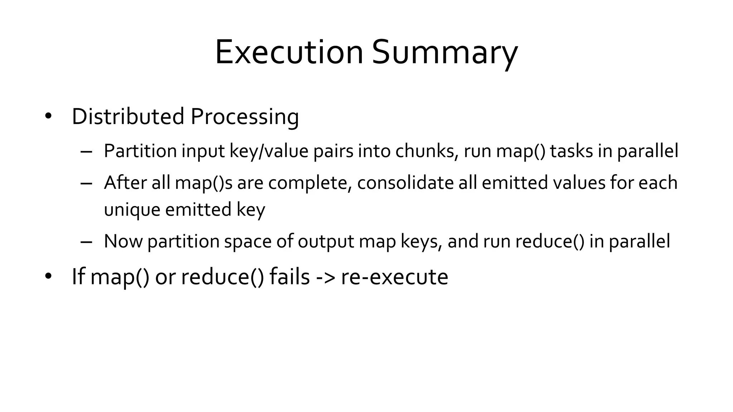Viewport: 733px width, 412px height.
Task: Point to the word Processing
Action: click(245, 117)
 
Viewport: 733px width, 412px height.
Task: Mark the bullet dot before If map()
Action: click(48, 276)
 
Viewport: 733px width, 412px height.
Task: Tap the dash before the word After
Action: click(87, 183)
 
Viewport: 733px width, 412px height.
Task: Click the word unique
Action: click(132, 210)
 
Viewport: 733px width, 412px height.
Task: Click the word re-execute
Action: click(394, 277)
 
